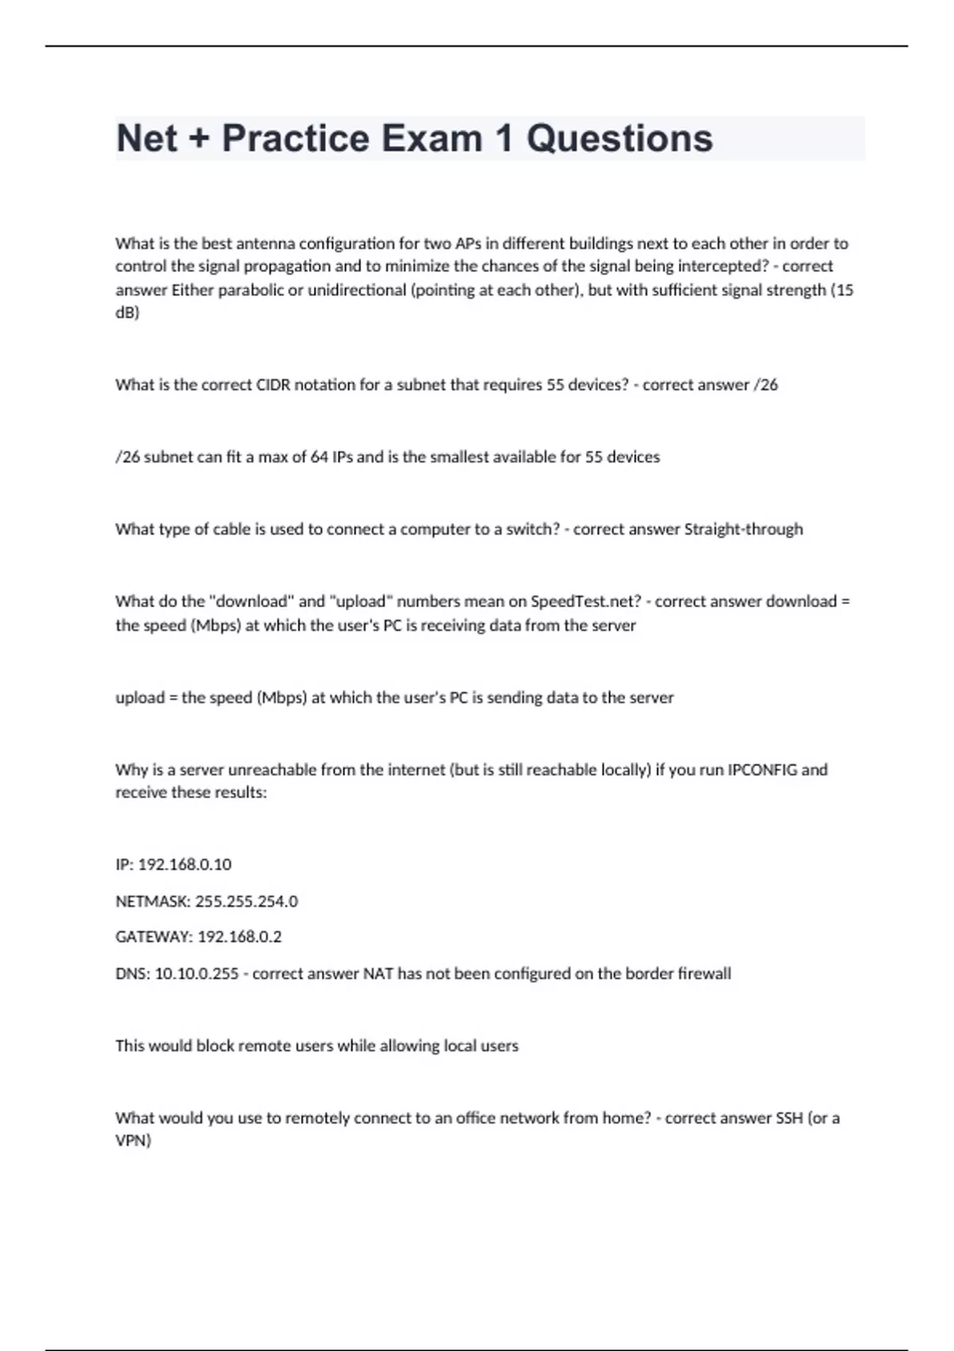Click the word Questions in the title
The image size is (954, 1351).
coord(619,138)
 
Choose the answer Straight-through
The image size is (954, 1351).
coord(743,529)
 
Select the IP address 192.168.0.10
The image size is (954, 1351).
coord(184,865)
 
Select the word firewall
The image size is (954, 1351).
coord(704,974)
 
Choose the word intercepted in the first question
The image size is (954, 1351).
coord(711,266)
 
